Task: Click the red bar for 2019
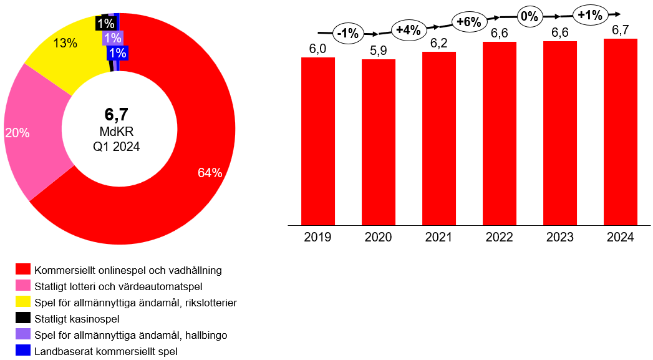pos(318,140)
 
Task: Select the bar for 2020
pos(379,142)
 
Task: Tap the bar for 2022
pos(500,133)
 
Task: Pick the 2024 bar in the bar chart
pos(621,132)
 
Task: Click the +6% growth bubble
pos(469,22)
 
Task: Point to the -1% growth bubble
pos(348,34)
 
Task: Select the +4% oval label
pos(409,28)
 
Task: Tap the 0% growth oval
pos(530,17)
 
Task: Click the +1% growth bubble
pos(589,14)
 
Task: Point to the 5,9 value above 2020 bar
pos(379,51)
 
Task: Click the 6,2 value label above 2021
pos(439,44)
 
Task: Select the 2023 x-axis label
pos(560,238)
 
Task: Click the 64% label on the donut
pos(210,173)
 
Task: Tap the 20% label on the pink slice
pos(17,132)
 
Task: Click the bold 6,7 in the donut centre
pos(116,114)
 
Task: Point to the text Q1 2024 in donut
pos(117,147)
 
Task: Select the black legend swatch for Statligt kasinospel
pos(23,319)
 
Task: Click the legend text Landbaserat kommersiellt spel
pos(106,351)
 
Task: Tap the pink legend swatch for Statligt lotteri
pos(23,286)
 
